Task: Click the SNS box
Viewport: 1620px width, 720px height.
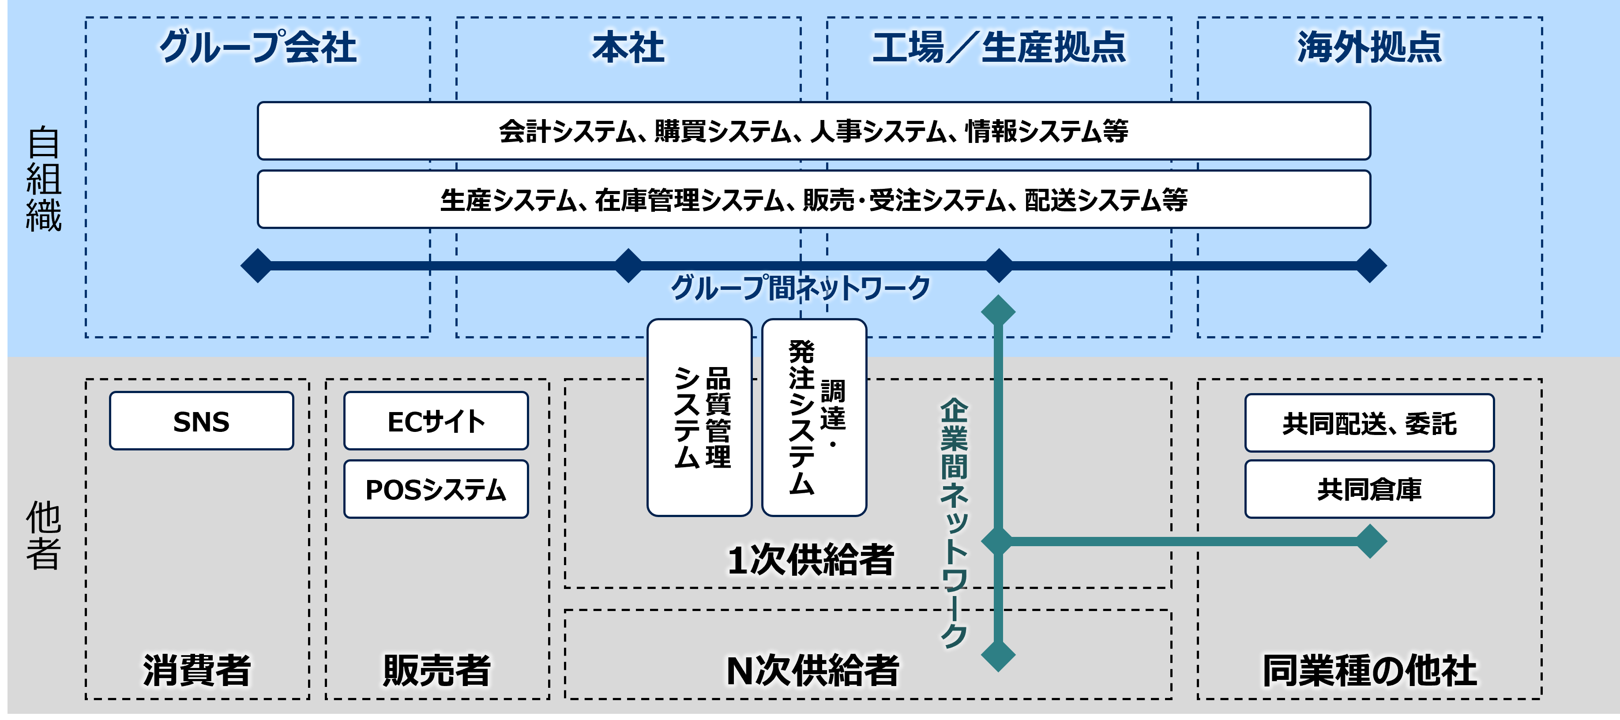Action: (201, 421)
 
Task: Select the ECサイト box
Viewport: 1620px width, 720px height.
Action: (436, 421)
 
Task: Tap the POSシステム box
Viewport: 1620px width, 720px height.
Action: (436, 489)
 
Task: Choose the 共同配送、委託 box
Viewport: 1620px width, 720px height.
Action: (1369, 423)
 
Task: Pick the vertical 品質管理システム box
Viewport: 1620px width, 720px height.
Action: (699, 417)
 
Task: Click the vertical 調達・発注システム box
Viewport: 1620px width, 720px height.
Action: (814, 417)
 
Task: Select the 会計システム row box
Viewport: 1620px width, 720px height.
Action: (813, 131)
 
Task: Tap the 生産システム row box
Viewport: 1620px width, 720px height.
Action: (813, 199)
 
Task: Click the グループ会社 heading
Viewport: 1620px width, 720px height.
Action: (258, 47)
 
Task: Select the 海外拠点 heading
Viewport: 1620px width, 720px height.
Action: (1369, 47)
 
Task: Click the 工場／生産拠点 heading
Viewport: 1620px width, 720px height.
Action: (999, 47)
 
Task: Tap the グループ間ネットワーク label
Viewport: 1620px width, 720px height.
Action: (800, 288)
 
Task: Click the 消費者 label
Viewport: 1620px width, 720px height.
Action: (197, 670)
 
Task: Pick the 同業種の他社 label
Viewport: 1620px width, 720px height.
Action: (1369, 670)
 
